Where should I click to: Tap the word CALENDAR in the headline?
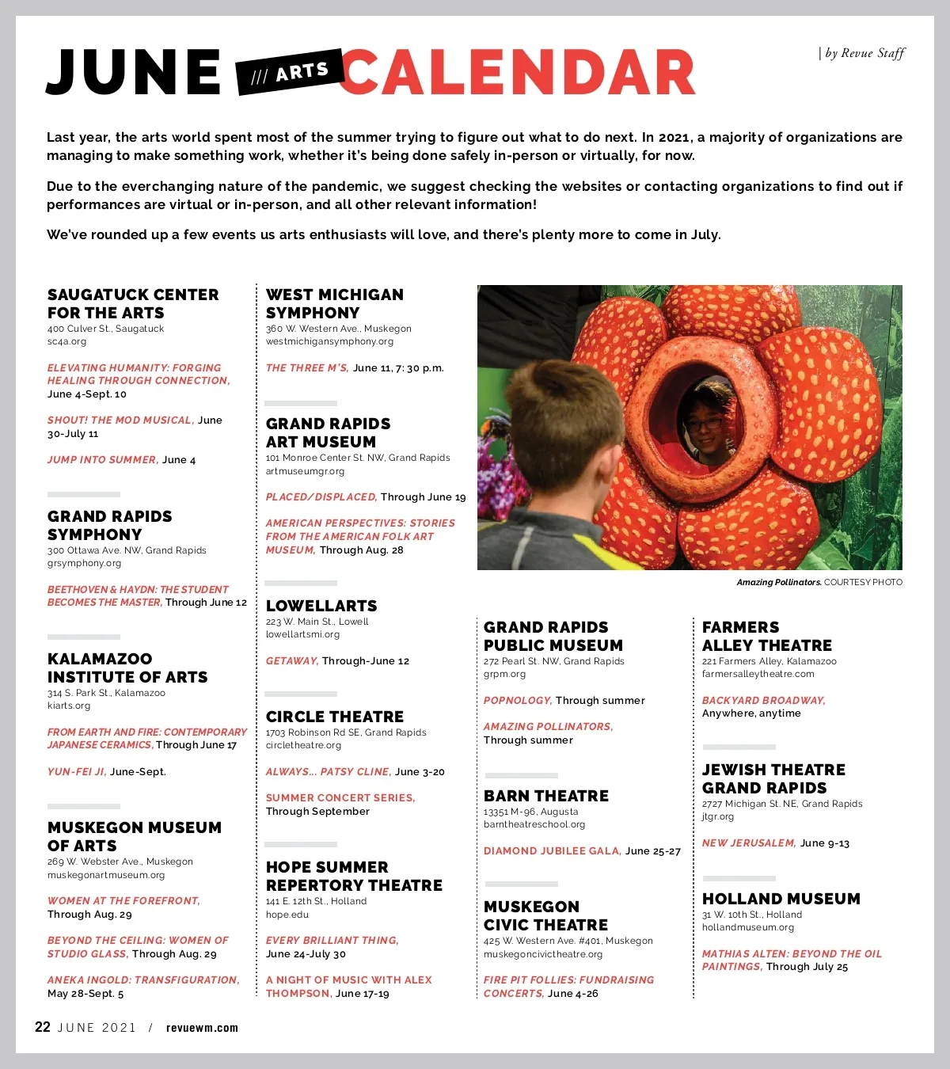point(519,73)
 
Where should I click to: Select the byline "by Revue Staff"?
point(863,53)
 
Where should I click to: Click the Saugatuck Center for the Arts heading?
point(132,303)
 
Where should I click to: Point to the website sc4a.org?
point(66,342)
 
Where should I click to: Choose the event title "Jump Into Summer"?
point(101,459)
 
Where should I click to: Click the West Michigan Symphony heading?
point(334,303)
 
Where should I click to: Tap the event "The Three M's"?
point(306,367)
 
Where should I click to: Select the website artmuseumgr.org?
point(305,471)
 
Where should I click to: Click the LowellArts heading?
point(321,606)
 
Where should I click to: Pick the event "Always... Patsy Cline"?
point(328,771)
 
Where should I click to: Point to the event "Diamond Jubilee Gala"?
point(552,850)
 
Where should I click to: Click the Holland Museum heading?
point(781,899)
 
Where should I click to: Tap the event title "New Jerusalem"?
point(748,843)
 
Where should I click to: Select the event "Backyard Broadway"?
point(763,700)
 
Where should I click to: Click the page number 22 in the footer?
point(43,1027)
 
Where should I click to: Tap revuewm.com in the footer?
point(202,1028)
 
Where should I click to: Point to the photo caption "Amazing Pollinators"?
point(778,582)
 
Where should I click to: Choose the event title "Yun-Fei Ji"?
point(76,771)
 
